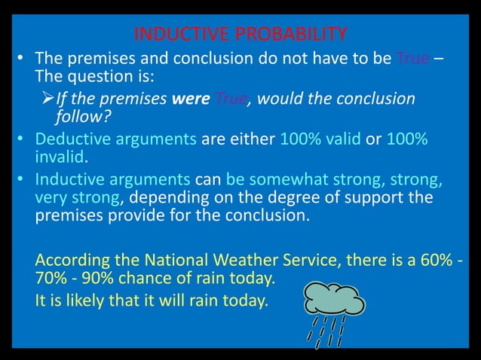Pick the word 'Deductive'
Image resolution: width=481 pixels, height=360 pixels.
pyautogui.click(x=71, y=140)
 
